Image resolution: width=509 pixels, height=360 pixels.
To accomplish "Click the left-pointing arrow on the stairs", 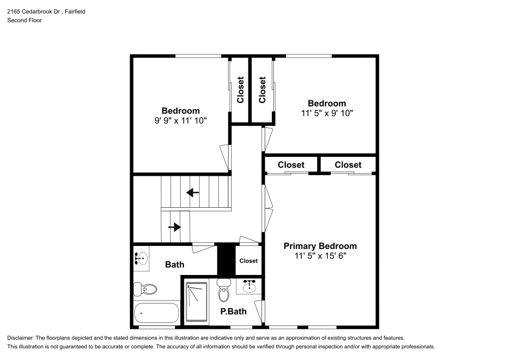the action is coord(192,192).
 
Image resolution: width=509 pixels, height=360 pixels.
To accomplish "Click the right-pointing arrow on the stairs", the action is coord(175,227).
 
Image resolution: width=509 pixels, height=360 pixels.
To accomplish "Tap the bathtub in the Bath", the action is coord(156,313).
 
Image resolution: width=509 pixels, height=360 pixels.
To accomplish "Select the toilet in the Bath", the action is coord(145,289).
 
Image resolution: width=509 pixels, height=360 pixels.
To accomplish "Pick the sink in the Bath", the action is coord(141,259).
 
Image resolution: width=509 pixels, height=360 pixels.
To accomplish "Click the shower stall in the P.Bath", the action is coord(196,302).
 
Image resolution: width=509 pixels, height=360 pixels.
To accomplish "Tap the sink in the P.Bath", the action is coord(249,286).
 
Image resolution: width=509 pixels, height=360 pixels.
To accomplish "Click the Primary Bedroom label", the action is coord(320,246).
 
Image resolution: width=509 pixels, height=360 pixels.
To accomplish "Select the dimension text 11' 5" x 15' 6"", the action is coord(320,256).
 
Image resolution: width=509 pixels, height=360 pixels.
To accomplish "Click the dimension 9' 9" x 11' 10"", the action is coord(181,121).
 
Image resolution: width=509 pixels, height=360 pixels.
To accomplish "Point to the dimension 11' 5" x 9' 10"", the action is coord(327,113).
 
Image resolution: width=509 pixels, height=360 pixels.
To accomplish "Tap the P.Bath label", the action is coord(234,311).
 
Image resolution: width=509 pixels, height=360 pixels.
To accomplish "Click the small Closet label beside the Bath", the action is coord(248,261).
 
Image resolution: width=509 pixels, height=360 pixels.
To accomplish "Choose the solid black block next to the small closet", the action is coord(226,259).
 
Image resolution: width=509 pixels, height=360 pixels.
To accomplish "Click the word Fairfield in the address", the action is coord(75,11).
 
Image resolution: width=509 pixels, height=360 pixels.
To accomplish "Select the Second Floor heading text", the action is coord(24,20).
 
